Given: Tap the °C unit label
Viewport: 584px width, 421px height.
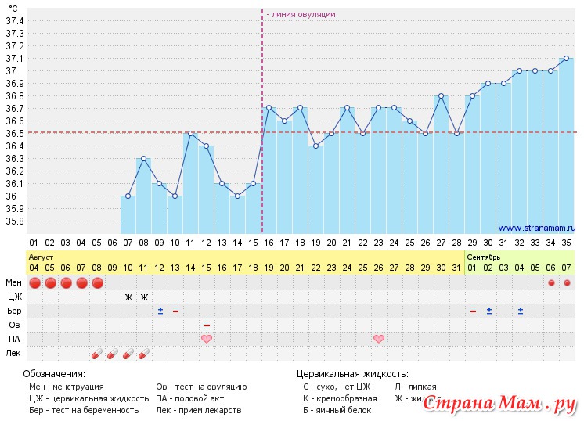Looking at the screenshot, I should click(13, 8).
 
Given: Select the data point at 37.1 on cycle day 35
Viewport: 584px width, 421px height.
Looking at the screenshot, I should click(566, 58).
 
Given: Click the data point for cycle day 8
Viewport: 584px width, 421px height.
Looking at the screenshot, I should click(143, 159).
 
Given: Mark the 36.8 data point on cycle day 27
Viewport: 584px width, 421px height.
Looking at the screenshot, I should click(441, 96).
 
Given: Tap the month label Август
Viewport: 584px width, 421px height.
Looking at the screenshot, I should click(41, 257).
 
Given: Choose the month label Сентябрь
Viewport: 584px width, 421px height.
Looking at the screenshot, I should click(483, 257).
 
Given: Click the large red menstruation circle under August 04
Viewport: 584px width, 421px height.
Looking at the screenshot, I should click(34, 282).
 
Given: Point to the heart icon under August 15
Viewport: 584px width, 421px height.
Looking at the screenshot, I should click(207, 339).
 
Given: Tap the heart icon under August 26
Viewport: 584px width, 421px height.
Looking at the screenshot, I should click(379, 339).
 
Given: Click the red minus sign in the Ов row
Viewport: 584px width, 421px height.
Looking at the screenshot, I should click(207, 325).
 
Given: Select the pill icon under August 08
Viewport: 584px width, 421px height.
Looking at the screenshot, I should click(97, 354).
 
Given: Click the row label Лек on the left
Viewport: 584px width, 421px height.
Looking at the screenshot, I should click(13, 354).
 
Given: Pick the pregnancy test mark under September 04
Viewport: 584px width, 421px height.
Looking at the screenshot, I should click(520, 311).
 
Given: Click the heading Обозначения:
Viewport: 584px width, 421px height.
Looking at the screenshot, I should click(54, 373).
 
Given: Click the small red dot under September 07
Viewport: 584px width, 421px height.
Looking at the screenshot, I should click(567, 282).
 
